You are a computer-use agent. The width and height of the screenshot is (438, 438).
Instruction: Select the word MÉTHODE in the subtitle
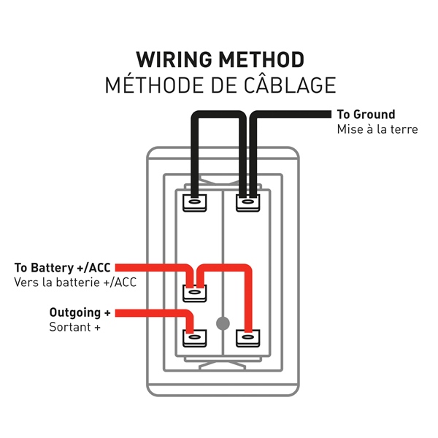tap(150, 85)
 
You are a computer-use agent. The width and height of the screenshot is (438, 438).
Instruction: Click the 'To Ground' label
tap(366, 115)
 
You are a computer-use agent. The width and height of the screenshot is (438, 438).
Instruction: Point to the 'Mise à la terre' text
tap(377, 130)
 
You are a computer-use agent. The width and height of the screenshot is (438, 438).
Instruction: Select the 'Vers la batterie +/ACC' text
tap(75, 283)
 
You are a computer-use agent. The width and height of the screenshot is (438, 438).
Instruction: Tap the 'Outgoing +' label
tap(80, 312)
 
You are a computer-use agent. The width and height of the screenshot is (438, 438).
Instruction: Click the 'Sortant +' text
tap(75, 327)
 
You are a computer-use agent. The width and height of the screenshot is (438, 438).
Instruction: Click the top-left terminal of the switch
tap(194, 201)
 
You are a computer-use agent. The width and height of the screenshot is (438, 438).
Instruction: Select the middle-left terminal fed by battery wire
tap(194, 293)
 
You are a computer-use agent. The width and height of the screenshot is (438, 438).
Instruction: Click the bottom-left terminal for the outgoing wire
tap(194, 337)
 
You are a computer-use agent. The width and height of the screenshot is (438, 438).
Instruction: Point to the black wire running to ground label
tap(292, 115)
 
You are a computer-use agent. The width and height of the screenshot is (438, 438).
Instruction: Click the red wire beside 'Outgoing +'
tap(153, 313)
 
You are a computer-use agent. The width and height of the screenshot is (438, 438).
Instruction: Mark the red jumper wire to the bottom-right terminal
tap(249, 299)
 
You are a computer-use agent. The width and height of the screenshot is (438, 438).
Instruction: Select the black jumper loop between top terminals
tap(218, 115)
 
